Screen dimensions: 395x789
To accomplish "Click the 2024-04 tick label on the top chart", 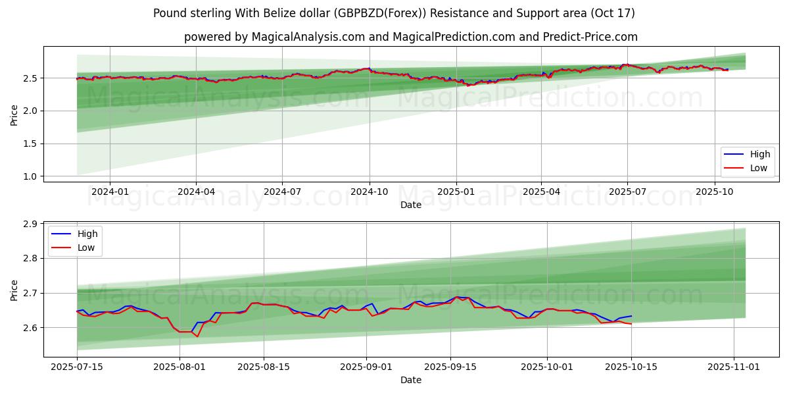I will pos(196,192).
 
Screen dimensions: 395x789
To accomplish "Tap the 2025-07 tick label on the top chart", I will pos(627,192).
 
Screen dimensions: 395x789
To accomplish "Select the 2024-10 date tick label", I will pos(369,192).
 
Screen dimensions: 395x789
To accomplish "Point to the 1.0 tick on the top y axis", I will pos(30,176).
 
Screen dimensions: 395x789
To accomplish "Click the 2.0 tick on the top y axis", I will pos(30,111).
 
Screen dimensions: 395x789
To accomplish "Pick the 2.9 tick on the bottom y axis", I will pos(30,224).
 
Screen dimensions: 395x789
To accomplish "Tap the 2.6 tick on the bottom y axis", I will pos(30,328).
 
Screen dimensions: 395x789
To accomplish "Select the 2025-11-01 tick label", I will pos(733,367).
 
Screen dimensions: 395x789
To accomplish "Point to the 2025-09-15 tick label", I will pos(450,367).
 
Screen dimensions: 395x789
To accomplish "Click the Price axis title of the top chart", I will pos(14,115).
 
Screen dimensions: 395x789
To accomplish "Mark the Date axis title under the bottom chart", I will pos(411,380).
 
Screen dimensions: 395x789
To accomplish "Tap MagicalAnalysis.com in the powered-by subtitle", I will pos(308,37).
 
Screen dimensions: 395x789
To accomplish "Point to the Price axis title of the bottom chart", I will pos(14,290).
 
